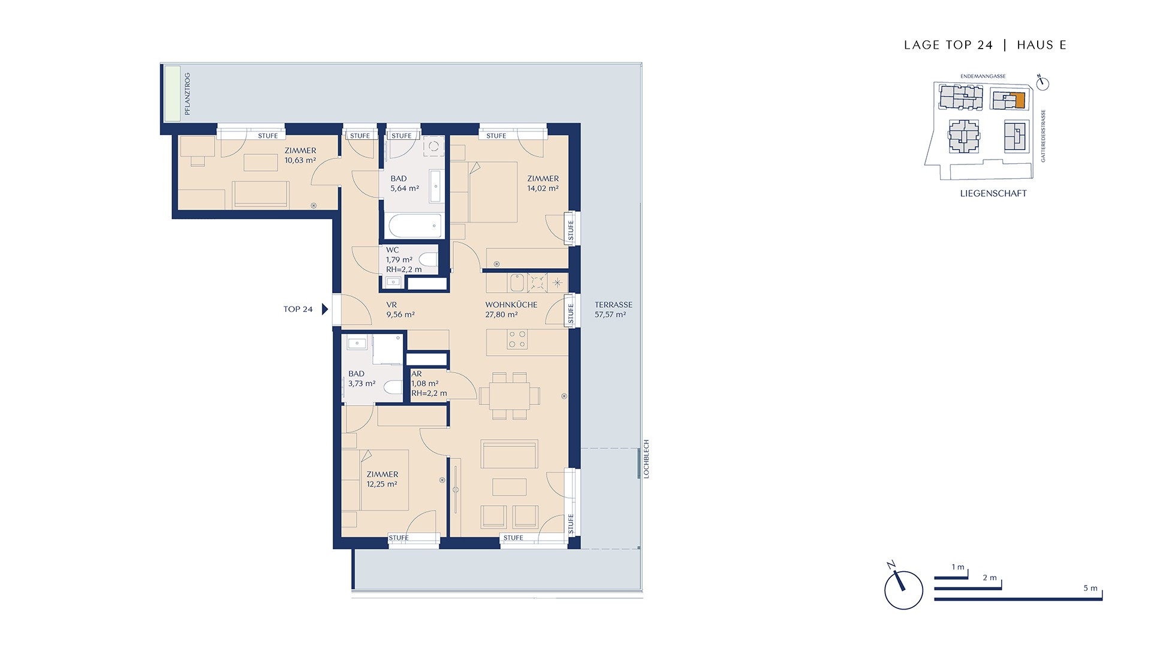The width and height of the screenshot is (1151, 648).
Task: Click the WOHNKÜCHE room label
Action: click(x=511, y=305)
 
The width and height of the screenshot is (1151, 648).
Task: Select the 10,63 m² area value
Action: click(x=300, y=161)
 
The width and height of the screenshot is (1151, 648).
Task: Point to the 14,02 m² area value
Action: click(x=543, y=188)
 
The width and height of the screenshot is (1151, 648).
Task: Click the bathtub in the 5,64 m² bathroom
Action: click(x=416, y=226)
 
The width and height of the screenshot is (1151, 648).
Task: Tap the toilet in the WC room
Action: click(x=428, y=260)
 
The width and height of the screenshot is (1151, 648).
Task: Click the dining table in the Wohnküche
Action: click(x=509, y=396)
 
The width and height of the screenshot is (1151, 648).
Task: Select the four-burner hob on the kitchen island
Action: click(x=517, y=340)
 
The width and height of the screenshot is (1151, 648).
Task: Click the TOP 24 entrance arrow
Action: click(x=325, y=310)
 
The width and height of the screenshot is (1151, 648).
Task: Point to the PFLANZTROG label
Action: click(x=188, y=94)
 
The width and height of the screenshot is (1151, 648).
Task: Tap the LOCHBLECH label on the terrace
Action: click(x=646, y=459)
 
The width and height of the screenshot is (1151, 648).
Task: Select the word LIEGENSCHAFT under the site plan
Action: click(x=993, y=194)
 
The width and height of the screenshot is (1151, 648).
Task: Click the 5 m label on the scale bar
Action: click(x=1090, y=589)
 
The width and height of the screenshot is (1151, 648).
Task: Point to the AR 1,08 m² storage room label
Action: click(x=429, y=383)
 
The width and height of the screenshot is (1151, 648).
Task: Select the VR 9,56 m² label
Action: click(x=400, y=310)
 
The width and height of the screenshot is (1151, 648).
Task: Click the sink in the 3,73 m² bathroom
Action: click(x=357, y=344)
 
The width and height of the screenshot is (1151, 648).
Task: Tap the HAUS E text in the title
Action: click(x=1042, y=45)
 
